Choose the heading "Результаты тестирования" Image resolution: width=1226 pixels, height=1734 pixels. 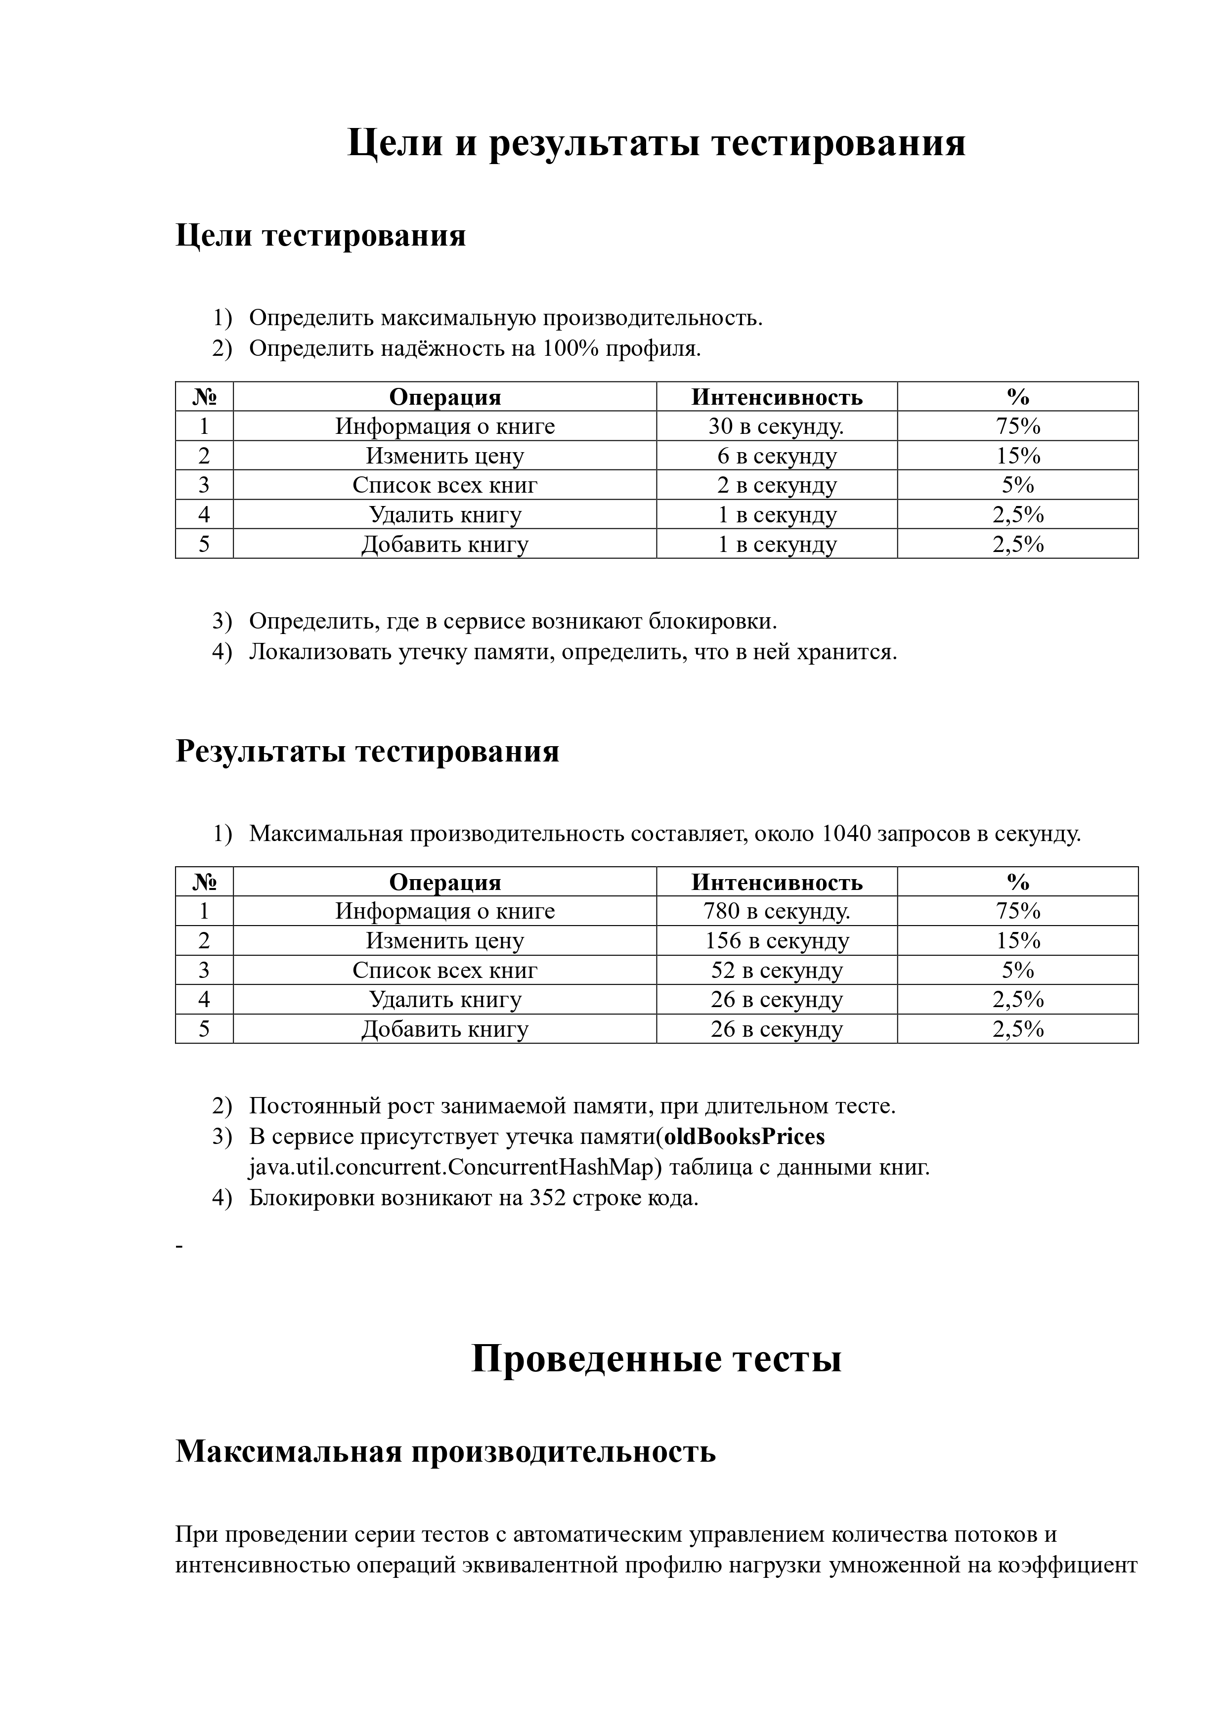coord(367,752)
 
